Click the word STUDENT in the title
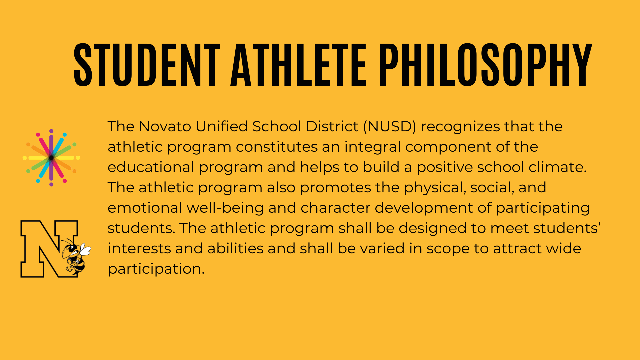pyautogui.click(x=147, y=65)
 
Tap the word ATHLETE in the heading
pyautogui.click(x=299, y=65)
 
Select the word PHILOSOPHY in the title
pyautogui.click(x=485, y=65)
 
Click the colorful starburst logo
pyautogui.click(x=51, y=158)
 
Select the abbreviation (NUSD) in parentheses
pyautogui.click(x=390, y=127)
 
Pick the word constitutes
pyautogui.click(x=277, y=147)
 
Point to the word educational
pyautogui.click(x=151, y=167)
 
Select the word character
pyautogui.click(x=335, y=208)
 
